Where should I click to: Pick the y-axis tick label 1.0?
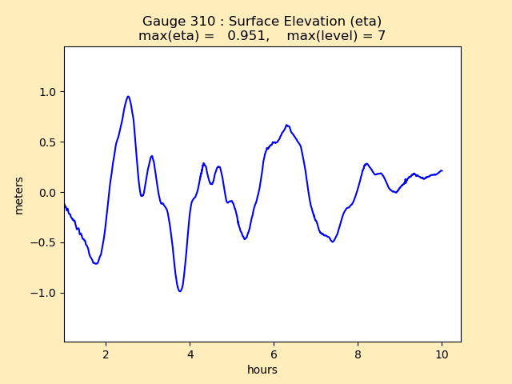point(49,92)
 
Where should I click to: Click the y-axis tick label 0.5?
point(49,142)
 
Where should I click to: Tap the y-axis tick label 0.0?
point(49,193)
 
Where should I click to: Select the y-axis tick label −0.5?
point(46,242)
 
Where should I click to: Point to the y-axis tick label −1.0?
point(46,293)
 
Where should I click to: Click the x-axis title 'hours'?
point(262,370)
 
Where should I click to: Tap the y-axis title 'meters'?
point(19,195)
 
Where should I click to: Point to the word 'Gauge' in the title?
point(163,22)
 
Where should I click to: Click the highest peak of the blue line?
point(128,97)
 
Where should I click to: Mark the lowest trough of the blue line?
point(180,290)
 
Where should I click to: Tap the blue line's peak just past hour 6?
point(286,125)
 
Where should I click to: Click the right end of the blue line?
point(442,170)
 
